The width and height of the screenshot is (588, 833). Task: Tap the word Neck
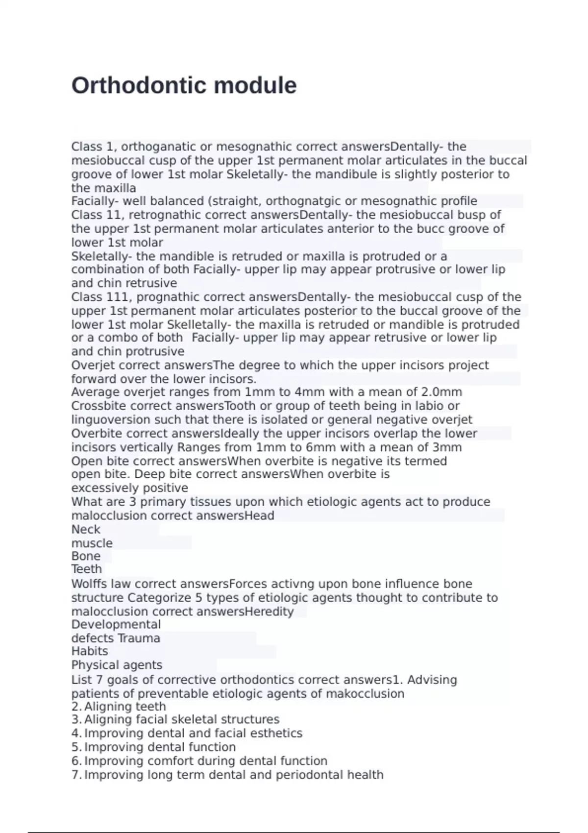pos(86,529)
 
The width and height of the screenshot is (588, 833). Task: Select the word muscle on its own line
pos(92,543)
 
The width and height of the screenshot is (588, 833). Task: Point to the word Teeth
pos(87,569)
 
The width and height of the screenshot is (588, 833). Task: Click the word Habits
pos(90,651)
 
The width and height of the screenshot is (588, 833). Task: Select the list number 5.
pos(76,747)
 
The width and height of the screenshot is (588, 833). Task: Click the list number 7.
pos(76,775)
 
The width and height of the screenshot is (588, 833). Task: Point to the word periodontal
pos(310,775)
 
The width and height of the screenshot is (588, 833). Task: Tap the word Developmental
pos(116,625)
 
